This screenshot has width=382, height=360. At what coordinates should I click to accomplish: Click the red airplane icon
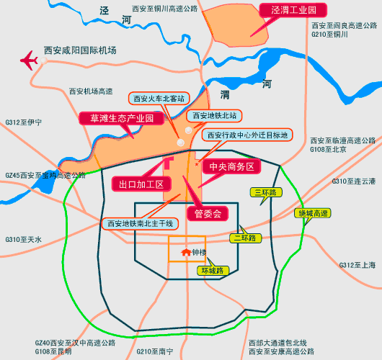tap(30, 60)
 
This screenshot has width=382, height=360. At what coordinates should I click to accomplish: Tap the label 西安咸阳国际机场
tap(80, 51)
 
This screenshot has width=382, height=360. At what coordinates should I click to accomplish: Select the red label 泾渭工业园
tap(289, 11)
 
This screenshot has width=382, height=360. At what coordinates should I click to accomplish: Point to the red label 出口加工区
tap(141, 184)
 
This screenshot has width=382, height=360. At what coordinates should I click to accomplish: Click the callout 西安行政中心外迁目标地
tap(246, 135)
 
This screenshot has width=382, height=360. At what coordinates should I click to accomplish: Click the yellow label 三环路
tap(267, 192)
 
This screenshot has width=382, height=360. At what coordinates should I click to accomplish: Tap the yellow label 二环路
tap(243, 238)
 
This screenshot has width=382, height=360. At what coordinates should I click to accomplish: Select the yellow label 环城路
tap(213, 271)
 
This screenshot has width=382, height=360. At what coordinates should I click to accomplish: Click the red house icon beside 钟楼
tap(186, 252)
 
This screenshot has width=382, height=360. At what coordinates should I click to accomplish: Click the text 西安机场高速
tap(91, 91)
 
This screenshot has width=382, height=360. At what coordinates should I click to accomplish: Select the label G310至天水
tap(24, 239)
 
